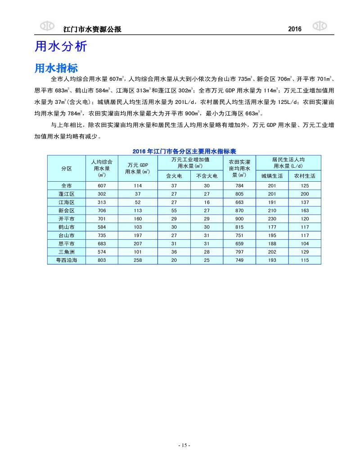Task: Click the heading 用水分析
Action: [60, 47]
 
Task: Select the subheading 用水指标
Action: [56, 68]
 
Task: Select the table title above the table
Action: [184, 152]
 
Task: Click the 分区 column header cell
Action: [66, 168]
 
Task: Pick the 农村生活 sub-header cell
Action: [305, 176]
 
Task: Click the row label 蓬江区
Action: [66, 194]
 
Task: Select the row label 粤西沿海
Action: [66, 260]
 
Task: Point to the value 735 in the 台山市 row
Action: [101, 235]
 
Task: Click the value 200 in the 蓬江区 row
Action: [305, 194]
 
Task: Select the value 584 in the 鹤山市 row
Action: [101, 227]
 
